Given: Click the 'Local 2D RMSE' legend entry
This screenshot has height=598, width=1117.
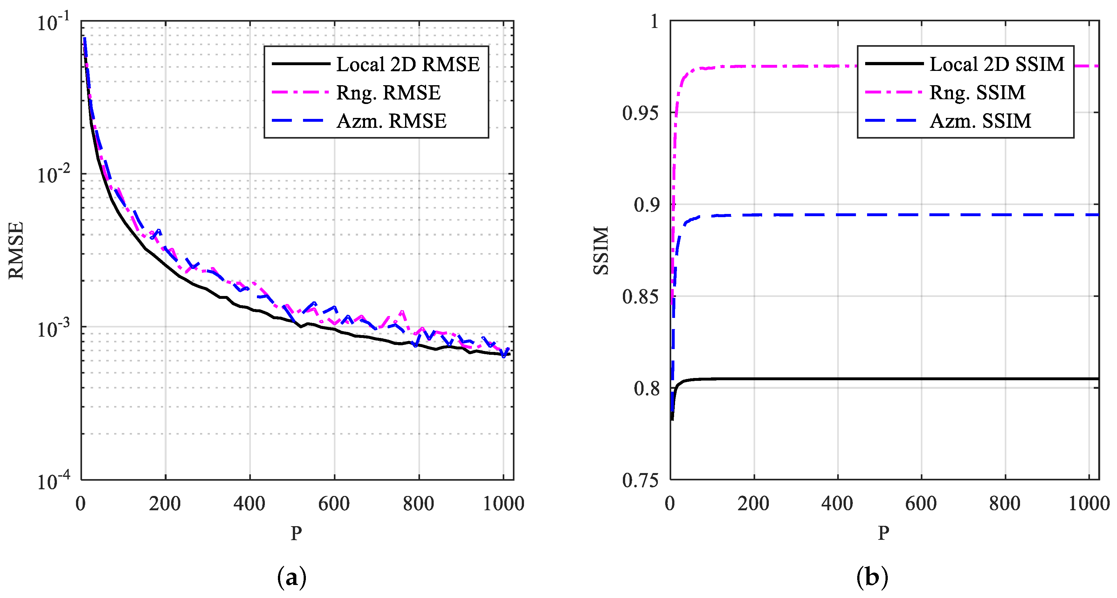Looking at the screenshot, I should [x=408, y=65].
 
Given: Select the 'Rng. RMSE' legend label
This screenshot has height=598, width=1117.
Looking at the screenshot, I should [x=388, y=93].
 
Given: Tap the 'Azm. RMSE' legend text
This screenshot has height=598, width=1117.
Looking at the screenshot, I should [x=391, y=121].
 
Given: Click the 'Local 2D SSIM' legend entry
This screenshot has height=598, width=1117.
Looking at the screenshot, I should [x=996, y=65].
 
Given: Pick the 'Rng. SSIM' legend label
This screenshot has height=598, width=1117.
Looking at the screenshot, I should [x=977, y=93].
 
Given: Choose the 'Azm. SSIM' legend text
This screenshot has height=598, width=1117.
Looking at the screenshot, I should [x=980, y=121].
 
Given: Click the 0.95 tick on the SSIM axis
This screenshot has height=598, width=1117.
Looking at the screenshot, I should [x=640, y=113].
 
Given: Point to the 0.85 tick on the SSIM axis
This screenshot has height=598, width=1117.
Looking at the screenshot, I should [x=640, y=297].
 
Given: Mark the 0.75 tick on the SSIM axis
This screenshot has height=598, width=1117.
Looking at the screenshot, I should [x=640, y=480].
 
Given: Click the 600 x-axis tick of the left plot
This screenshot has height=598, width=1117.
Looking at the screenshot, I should [x=334, y=504].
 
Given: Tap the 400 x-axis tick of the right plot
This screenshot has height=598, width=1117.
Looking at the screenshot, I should [x=837, y=504].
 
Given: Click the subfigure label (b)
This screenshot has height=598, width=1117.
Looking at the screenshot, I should [x=872, y=578].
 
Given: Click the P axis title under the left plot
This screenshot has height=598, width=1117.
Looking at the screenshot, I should [x=296, y=533].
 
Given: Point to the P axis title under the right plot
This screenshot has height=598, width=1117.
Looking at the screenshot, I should [x=883, y=533].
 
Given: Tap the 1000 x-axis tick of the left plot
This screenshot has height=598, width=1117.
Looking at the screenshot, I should [x=503, y=504].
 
